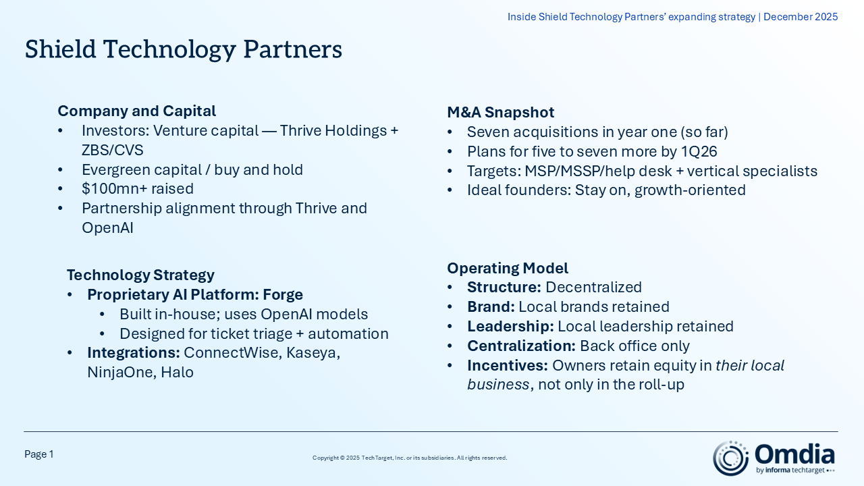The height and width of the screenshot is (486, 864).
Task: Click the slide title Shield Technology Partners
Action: pyautogui.click(x=184, y=50)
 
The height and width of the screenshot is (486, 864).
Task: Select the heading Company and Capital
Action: pyautogui.click(x=136, y=111)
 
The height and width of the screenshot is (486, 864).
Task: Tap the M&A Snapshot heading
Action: pyautogui.click(x=500, y=113)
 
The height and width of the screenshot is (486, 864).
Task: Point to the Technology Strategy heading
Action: pyautogui.click(x=140, y=275)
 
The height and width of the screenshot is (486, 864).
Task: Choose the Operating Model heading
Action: pyautogui.click(x=508, y=268)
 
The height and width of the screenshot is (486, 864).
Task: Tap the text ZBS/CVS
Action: pyautogui.click(x=113, y=150)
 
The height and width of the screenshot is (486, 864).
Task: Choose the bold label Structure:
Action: pyautogui.click(x=504, y=288)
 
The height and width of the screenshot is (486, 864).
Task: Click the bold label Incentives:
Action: pyautogui.click(x=507, y=366)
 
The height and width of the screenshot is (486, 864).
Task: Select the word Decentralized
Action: pyautogui.click(x=593, y=288)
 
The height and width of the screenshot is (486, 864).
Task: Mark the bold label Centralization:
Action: pyautogui.click(x=521, y=346)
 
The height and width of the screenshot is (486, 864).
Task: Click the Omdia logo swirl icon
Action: pyautogui.click(x=730, y=458)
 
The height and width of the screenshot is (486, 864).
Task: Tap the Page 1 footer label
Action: pyautogui.click(x=39, y=455)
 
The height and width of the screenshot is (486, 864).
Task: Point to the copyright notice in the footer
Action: pyautogui.click(x=410, y=458)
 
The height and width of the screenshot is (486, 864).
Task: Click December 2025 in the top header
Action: pyautogui.click(x=801, y=17)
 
